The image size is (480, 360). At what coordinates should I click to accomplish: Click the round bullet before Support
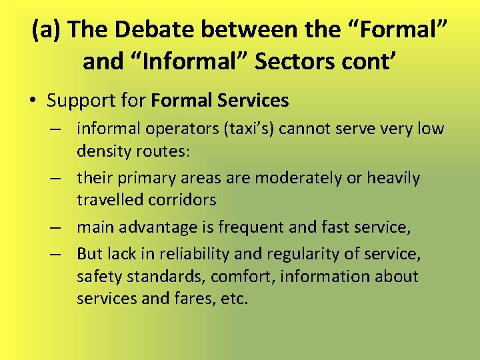tap(33, 101)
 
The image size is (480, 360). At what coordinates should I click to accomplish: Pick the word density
tap(101, 151)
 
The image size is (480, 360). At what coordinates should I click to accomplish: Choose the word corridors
tap(193, 200)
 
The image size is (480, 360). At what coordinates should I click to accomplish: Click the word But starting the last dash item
tap(89, 254)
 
